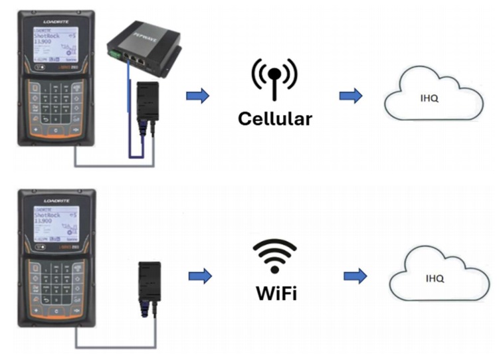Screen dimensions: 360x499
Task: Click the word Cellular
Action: point(274,120)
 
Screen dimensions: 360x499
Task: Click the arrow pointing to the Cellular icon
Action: point(197,96)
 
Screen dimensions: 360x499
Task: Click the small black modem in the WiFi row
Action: point(148,280)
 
